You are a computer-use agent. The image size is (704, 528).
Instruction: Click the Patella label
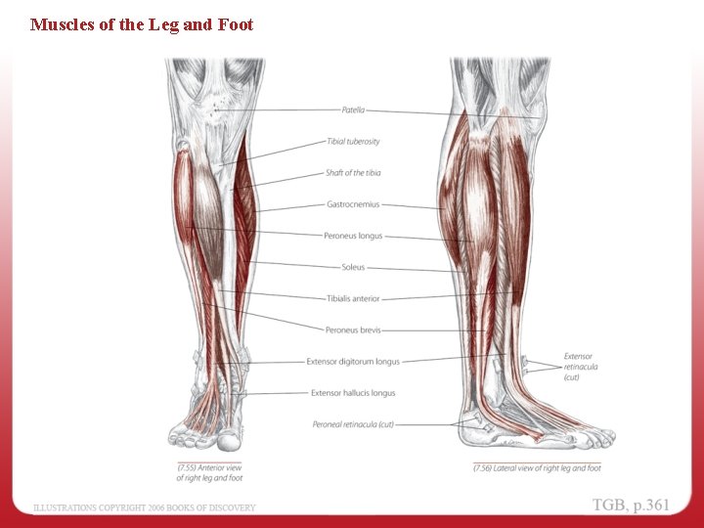tap(353, 110)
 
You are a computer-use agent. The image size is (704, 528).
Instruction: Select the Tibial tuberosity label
tap(353, 142)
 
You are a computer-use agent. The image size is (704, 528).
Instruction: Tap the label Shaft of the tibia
tap(353, 173)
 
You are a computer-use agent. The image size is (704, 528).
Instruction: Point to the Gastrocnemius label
tap(353, 204)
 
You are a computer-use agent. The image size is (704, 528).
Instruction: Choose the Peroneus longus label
tap(353, 236)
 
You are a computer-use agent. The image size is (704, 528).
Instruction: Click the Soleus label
tap(353, 267)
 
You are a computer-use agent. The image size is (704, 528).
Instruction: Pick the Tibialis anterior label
tap(353, 298)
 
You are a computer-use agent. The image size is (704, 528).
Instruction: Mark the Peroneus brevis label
tap(353, 330)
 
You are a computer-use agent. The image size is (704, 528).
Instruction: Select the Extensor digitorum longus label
tap(353, 362)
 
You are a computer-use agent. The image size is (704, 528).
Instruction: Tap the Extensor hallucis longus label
tap(353, 393)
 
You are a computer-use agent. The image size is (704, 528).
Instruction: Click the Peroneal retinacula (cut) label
tap(353, 424)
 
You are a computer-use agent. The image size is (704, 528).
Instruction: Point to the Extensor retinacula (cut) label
tap(581, 367)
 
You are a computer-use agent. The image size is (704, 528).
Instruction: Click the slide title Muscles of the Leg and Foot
tap(142, 24)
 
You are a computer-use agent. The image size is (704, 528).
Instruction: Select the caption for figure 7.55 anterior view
tap(209, 473)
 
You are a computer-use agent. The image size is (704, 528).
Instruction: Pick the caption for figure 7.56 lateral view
tap(537, 468)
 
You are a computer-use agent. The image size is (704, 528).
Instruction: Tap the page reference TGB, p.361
tap(631, 505)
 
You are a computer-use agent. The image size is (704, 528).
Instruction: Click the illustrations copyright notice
tap(145, 507)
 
